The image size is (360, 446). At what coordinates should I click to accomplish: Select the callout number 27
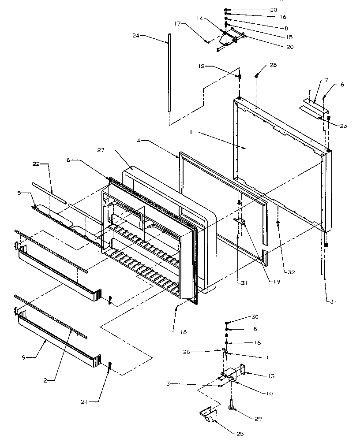[x=100, y=150]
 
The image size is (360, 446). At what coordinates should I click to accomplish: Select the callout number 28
[x=274, y=65]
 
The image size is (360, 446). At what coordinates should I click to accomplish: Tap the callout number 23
[x=343, y=126]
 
